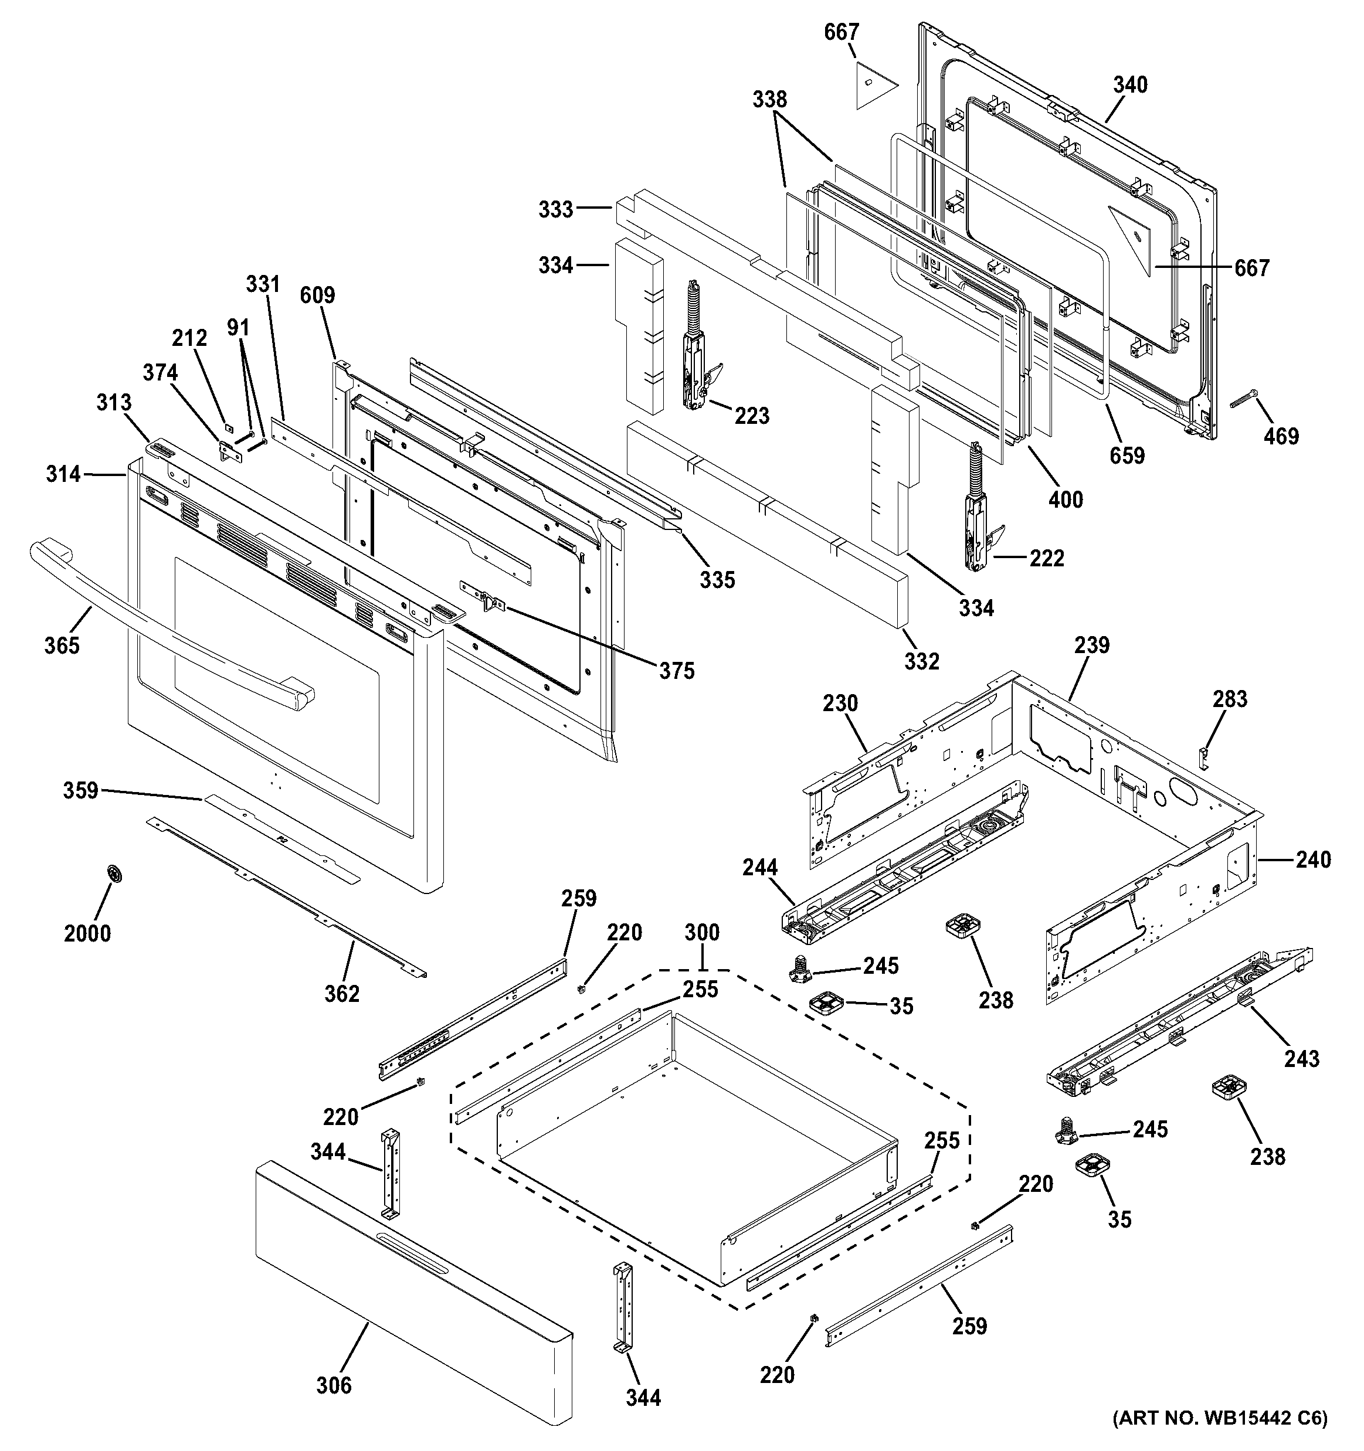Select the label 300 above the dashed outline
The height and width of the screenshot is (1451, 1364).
click(702, 932)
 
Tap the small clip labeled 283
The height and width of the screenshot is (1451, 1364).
click(1204, 757)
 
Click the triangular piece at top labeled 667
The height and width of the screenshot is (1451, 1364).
click(867, 86)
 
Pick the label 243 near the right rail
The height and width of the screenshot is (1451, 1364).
click(1302, 1058)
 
